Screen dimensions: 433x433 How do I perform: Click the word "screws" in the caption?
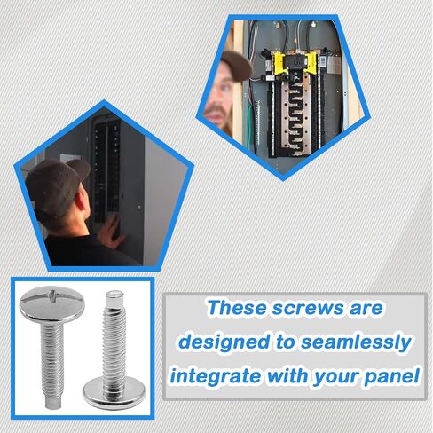coord(308,308)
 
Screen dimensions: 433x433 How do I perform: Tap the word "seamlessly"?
coord(356,342)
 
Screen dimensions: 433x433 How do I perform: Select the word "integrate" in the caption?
coord(215,376)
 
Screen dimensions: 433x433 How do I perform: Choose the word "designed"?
coord(224,342)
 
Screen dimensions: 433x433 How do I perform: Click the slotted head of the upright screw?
coord(52,303)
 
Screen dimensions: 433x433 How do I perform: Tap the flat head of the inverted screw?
coord(114,391)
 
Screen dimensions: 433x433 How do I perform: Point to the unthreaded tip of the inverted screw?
coord(114,298)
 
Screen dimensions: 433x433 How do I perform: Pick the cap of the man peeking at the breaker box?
coord(236,66)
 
